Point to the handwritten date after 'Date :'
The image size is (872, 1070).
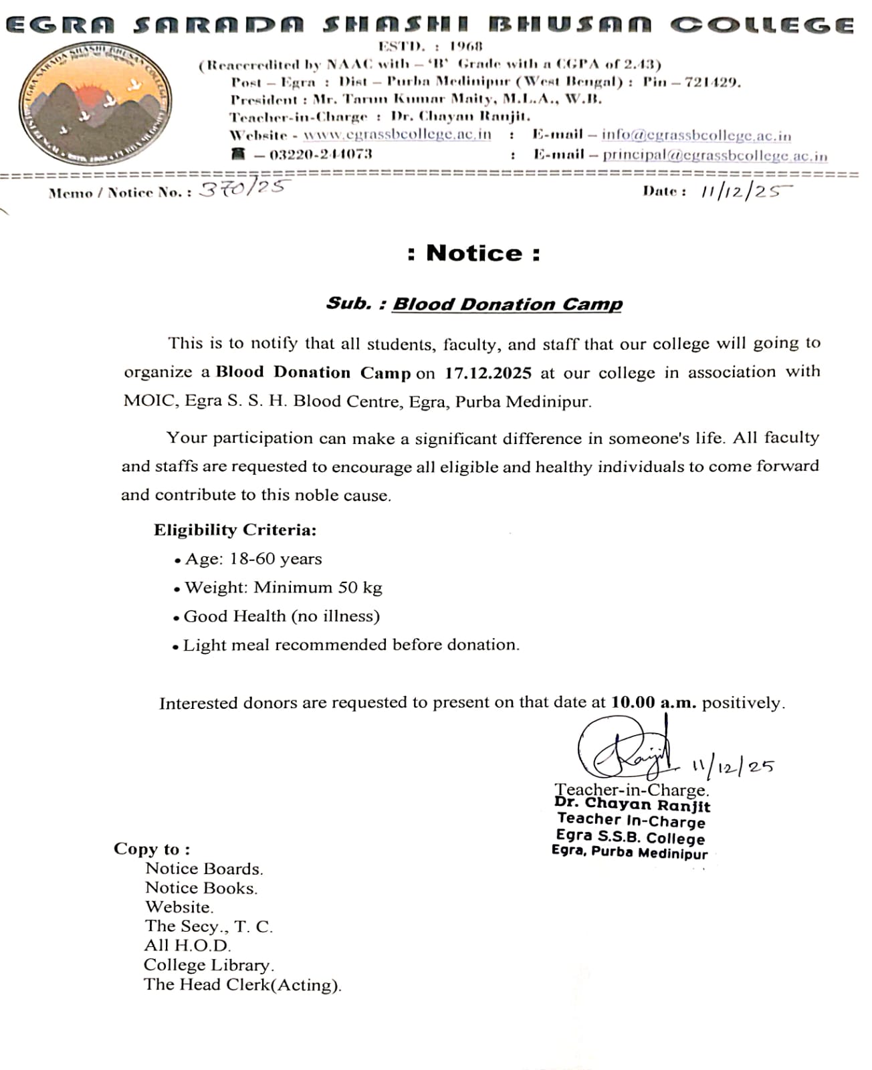(745, 191)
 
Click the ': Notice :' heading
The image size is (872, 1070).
(473, 253)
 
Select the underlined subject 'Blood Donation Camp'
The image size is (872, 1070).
(507, 304)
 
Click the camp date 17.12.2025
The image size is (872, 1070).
(487, 373)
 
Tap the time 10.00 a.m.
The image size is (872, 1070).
(653, 703)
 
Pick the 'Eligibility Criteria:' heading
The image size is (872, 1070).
(235, 530)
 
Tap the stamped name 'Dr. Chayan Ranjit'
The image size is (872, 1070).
(632, 805)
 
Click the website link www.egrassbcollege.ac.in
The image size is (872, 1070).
(397, 134)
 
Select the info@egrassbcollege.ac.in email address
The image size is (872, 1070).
(696, 135)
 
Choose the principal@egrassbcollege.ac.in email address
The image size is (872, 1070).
(715, 155)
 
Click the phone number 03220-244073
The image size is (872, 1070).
(320, 154)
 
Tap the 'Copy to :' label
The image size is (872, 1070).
(152, 849)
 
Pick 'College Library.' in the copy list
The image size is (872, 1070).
(209, 965)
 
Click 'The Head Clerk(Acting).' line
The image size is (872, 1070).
(242, 984)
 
